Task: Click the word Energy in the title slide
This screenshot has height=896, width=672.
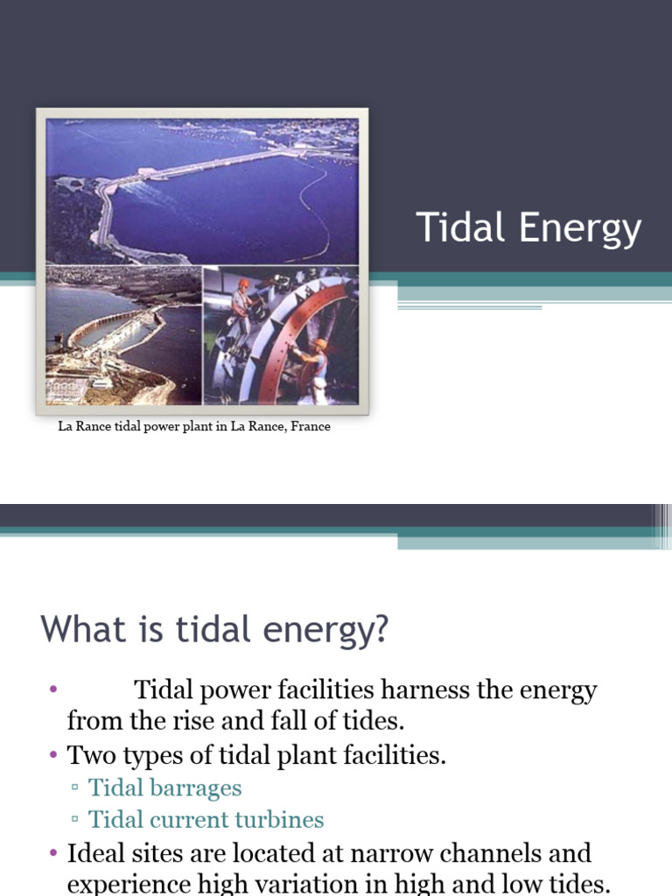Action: (580, 229)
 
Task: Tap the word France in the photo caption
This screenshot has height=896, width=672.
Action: (307, 427)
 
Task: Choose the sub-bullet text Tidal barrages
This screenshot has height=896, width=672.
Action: (165, 787)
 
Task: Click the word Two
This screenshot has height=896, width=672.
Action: (90, 755)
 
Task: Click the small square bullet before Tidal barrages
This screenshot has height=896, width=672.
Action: (75, 787)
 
